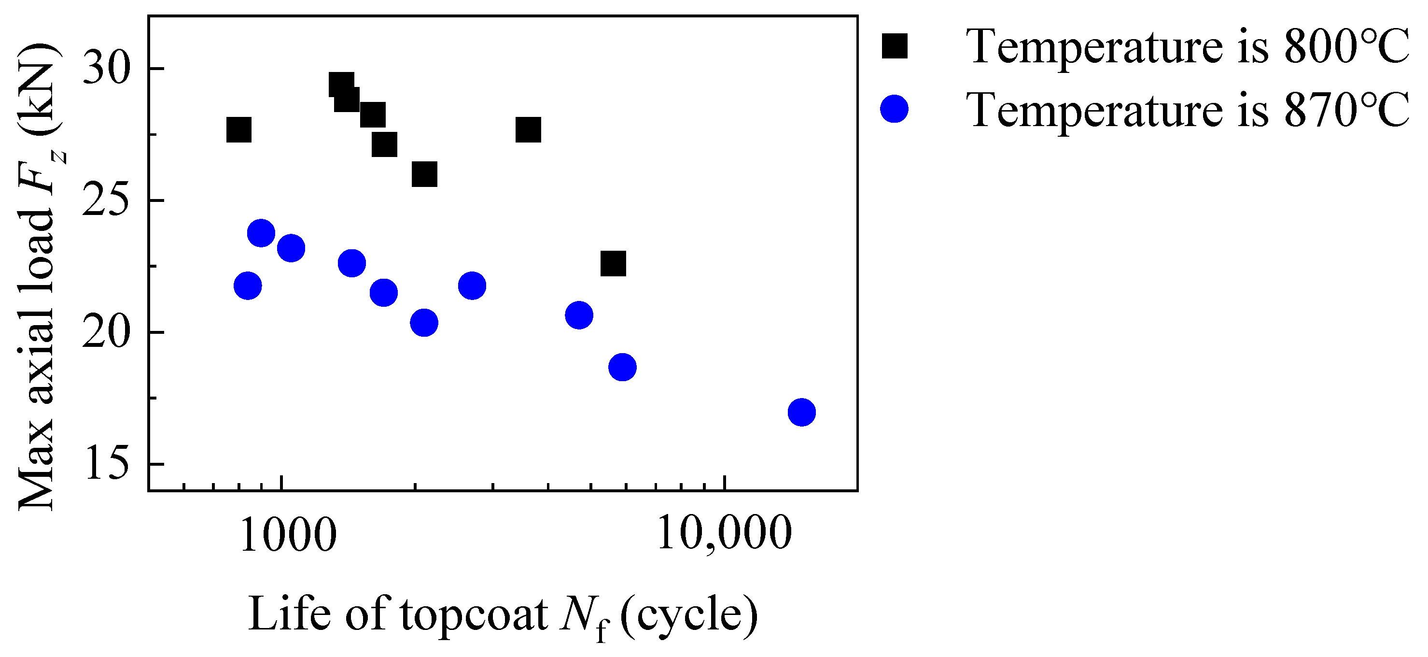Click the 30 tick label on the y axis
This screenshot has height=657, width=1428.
pos(105,69)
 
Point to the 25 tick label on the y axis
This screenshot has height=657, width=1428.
pos(105,201)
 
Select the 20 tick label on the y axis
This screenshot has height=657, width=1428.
pos(105,333)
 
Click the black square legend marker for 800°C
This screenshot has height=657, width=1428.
pos(895,46)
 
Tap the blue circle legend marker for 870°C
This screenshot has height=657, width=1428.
pos(894,109)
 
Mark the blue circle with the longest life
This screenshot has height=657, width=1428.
pos(801,412)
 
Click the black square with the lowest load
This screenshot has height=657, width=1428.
pos(613,264)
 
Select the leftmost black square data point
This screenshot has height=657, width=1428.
pos(239,130)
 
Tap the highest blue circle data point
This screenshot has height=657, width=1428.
pos(261,232)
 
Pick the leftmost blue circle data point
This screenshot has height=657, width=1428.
pos(248,286)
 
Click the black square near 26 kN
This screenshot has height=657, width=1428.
pos(425,175)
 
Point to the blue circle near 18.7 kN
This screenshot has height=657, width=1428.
pos(623,367)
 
